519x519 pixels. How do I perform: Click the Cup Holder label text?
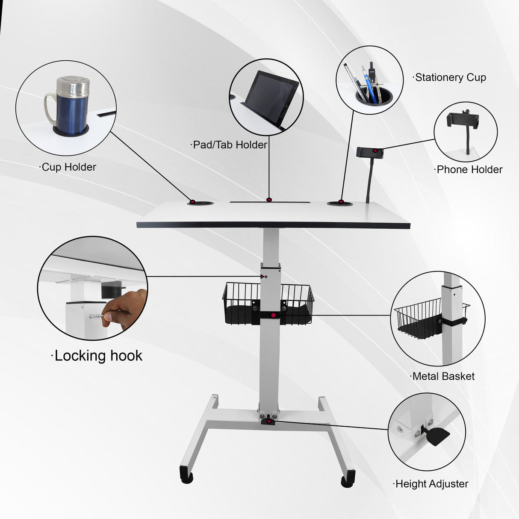tap(68, 167)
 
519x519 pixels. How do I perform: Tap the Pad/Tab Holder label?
tap(229, 145)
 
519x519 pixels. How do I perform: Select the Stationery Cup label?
tap(450, 77)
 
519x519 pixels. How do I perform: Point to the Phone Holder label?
tap(469, 170)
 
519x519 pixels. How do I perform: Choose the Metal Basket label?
tap(442, 376)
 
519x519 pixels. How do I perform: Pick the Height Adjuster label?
tap(431, 484)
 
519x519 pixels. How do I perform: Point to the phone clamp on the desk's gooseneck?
tap(369, 152)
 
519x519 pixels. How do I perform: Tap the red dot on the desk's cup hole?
tap(192, 202)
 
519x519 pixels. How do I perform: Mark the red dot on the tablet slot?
tap(269, 200)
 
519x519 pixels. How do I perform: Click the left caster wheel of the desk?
tap(187, 476)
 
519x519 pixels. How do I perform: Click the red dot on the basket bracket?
tap(274, 316)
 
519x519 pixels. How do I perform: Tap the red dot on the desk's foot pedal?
tap(269, 422)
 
